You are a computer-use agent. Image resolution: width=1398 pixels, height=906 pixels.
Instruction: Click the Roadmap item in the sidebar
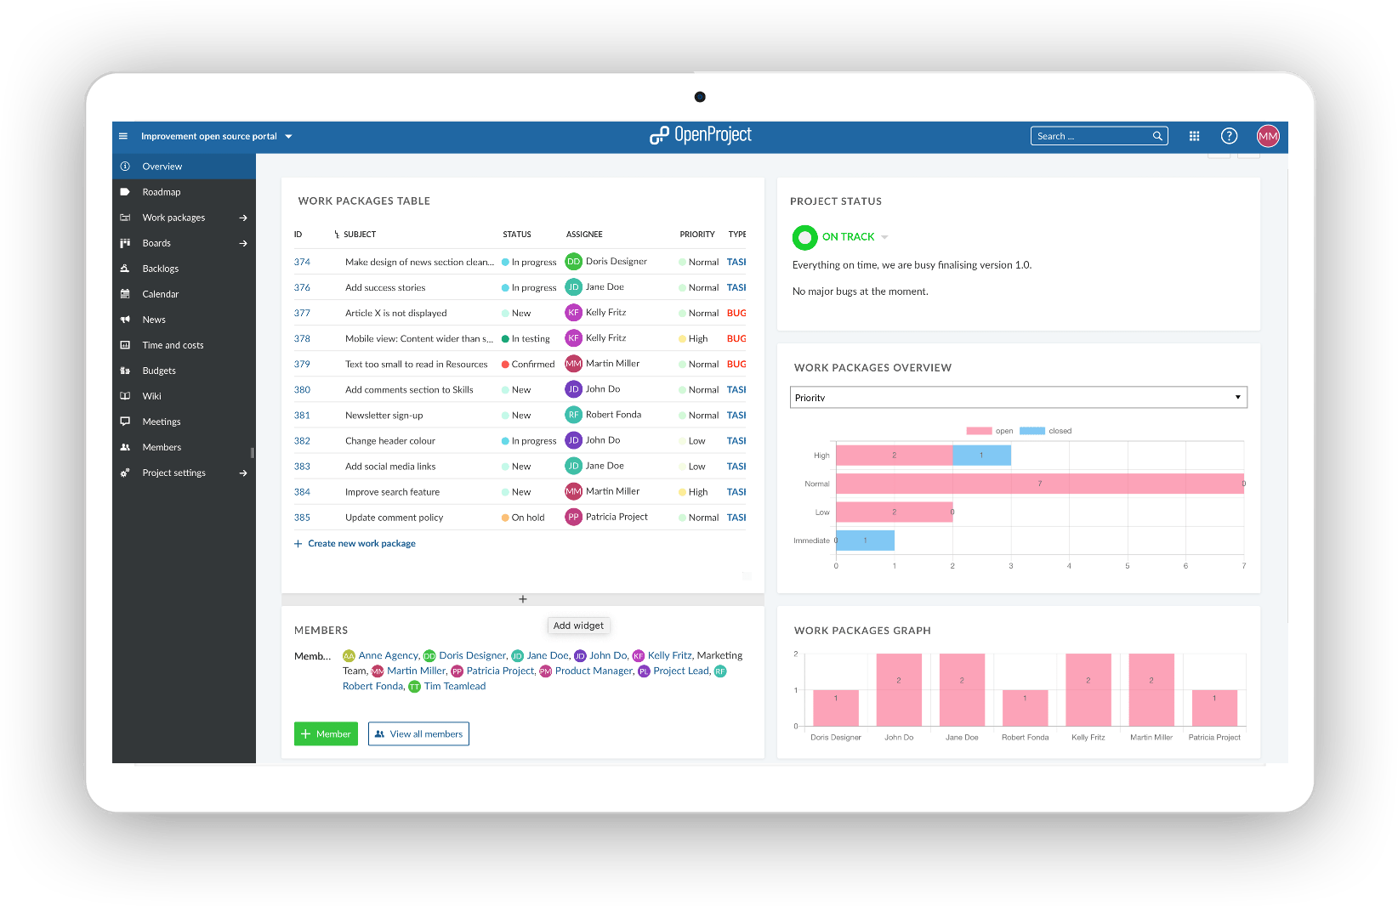(162, 192)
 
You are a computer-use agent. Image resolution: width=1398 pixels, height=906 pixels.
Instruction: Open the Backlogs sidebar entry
(161, 269)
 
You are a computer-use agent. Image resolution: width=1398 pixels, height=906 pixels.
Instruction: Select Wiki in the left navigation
(152, 396)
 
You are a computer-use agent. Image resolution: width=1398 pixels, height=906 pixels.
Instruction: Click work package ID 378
(302, 338)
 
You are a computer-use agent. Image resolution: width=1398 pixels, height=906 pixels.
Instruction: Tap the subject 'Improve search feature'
(392, 492)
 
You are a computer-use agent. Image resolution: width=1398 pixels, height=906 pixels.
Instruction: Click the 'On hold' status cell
(527, 518)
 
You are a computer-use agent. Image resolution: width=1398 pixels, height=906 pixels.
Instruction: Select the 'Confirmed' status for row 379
(532, 364)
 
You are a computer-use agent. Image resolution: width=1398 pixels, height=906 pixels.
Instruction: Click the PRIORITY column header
(696, 235)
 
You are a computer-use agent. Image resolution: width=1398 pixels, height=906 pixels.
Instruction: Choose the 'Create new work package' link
(361, 544)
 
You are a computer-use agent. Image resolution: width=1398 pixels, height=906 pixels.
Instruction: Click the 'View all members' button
(418, 734)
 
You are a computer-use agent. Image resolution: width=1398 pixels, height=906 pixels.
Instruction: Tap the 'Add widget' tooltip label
(578, 626)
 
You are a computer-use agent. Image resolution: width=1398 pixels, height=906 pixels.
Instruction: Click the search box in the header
(1092, 136)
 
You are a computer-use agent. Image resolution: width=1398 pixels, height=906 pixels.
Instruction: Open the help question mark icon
(1229, 136)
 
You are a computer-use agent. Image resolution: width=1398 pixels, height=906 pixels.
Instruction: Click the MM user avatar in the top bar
(1268, 136)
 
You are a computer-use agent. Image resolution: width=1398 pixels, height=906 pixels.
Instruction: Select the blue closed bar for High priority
(981, 456)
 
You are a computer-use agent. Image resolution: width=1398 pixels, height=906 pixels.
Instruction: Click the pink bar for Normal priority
(1039, 484)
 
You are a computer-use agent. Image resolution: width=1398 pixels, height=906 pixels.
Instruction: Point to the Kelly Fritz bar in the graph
(1088, 689)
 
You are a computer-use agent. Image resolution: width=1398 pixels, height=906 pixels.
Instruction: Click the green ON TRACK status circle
(804, 237)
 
